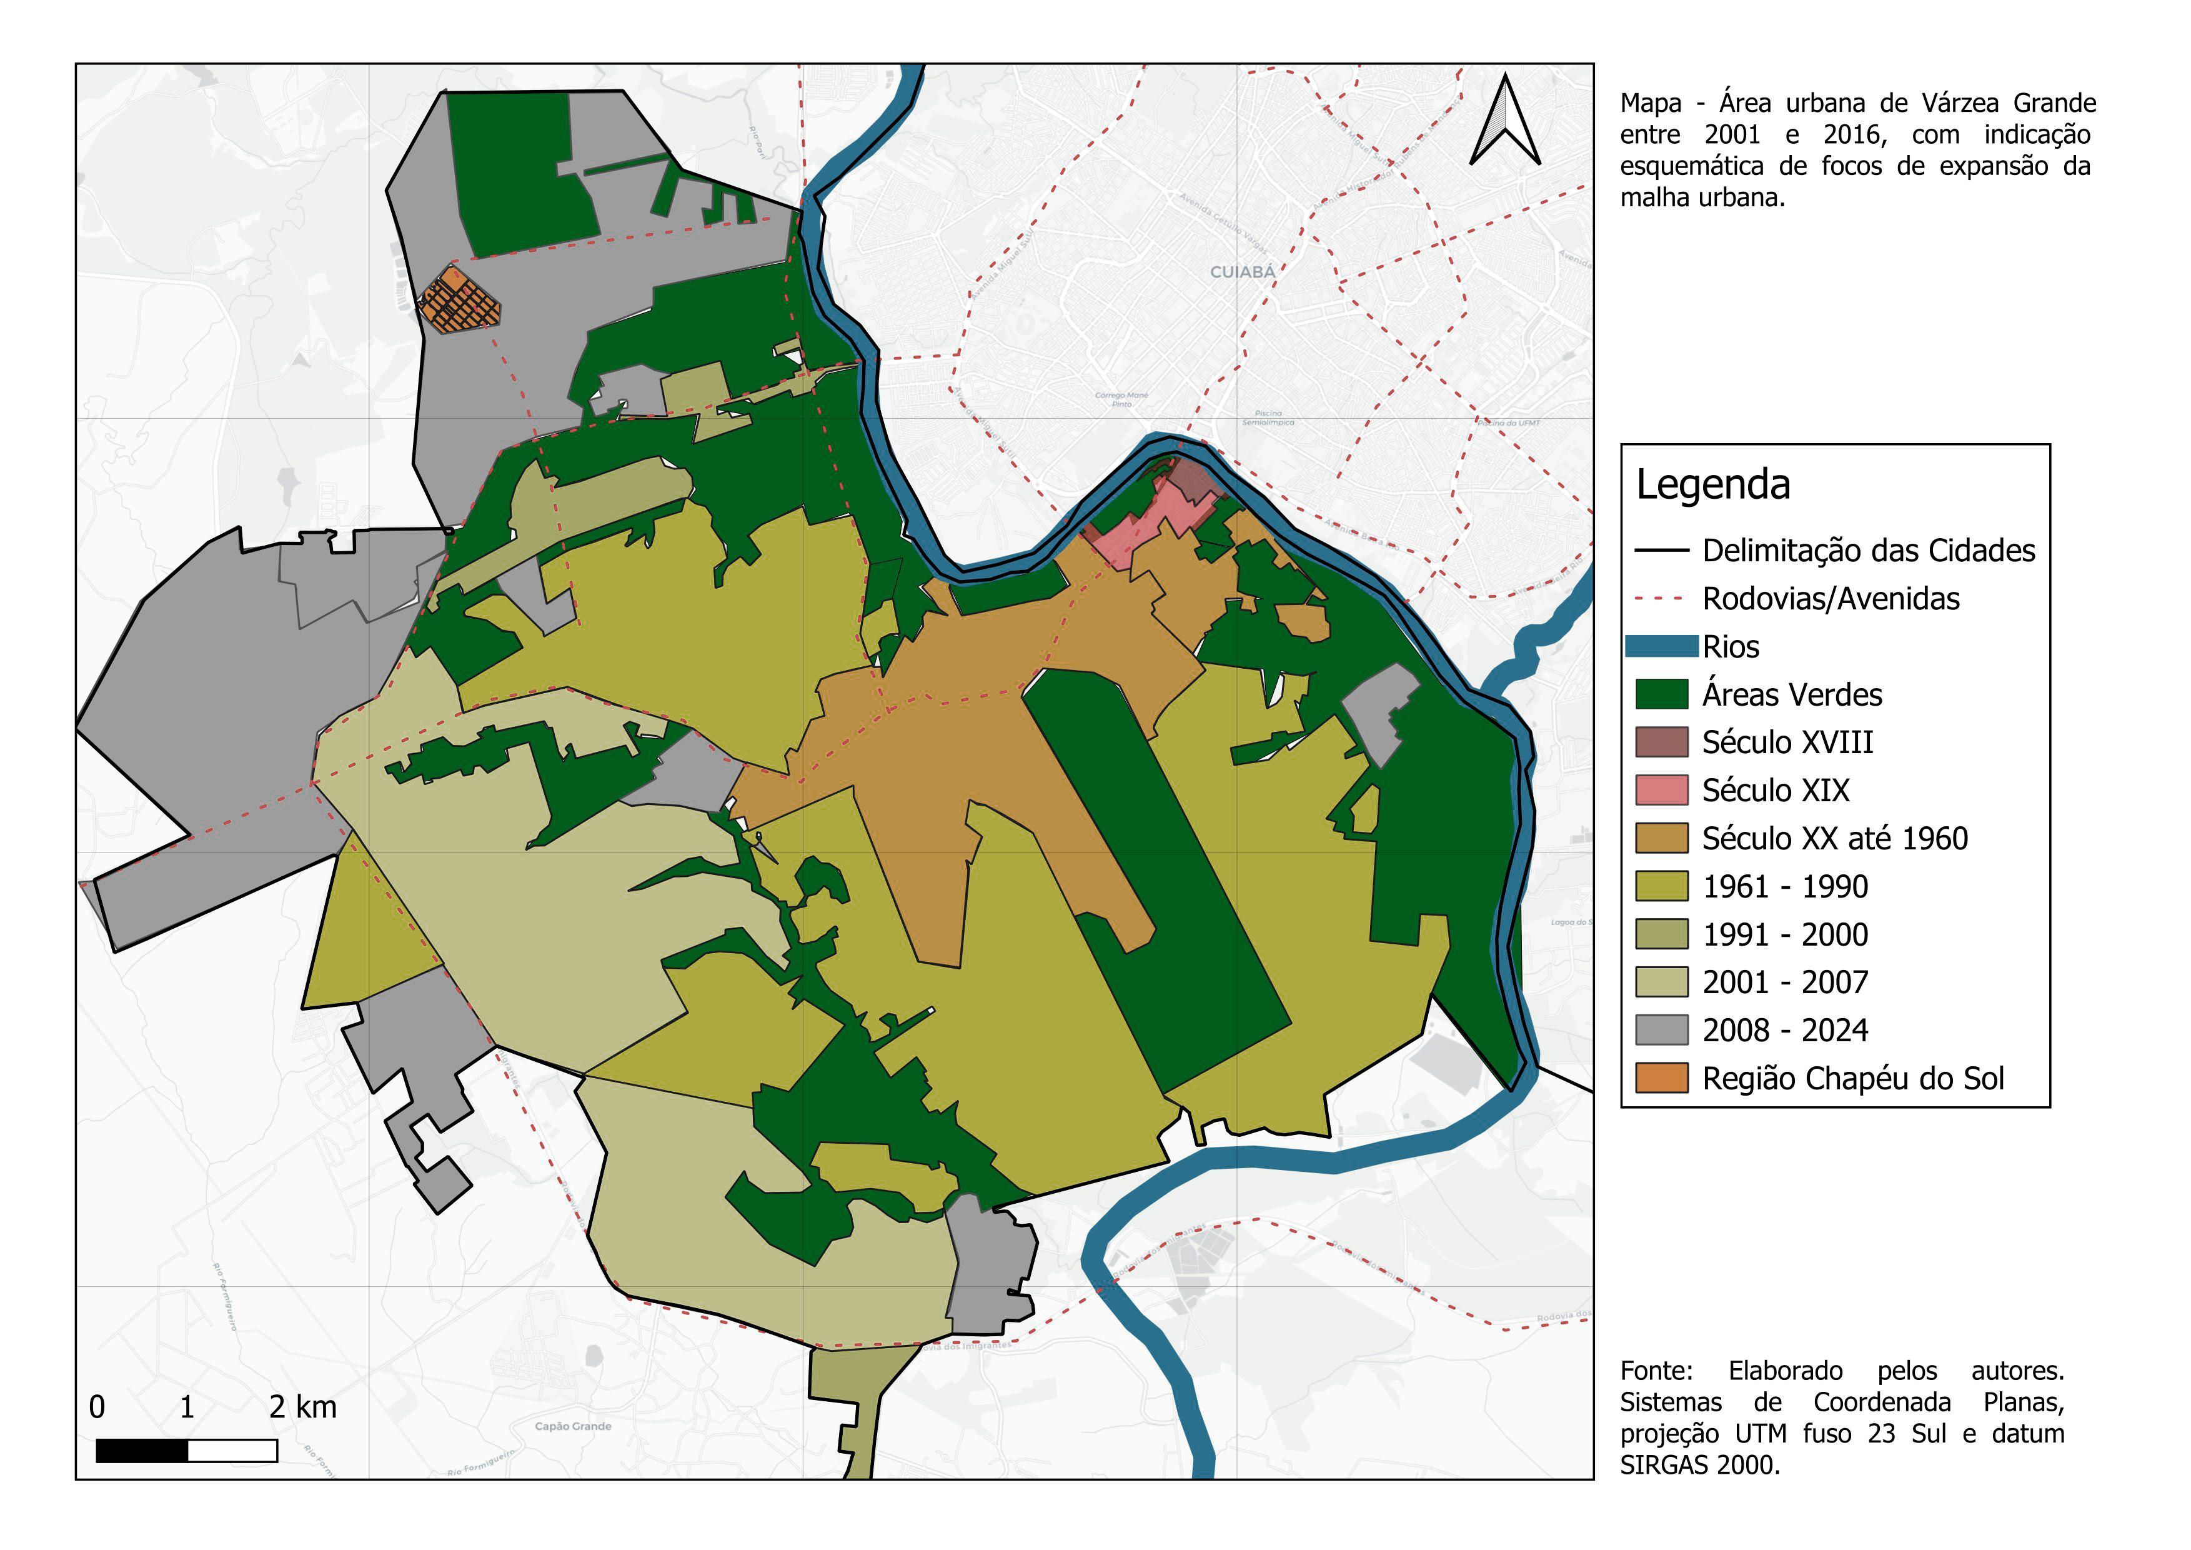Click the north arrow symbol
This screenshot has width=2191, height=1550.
pyautogui.click(x=1505, y=121)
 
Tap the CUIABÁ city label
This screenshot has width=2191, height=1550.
pyautogui.click(x=1243, y=272)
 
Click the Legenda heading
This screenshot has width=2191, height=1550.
pyautogui.click(x=1713, y=485)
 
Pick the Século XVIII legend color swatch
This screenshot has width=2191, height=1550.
pyautogui.click(x=1661, y=742)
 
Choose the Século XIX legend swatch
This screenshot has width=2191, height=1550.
pyautogui.click(x=1661, y=790)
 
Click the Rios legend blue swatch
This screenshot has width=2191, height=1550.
pyautogui.click(x=1661, y=646)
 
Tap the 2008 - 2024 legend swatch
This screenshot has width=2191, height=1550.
pyautogui.click(x=1661, y=1030)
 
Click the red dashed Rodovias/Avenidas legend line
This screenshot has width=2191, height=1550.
pyautogui.click(x=1661, y=598)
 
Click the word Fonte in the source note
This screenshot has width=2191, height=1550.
pyautogui.click(x=1656, y=1371)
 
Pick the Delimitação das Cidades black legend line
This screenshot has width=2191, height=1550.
pyautogui.click(x=1661, y=551)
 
